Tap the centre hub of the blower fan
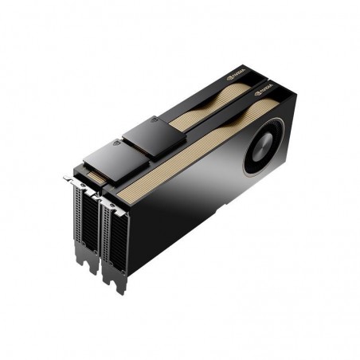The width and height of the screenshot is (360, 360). [x=264, y=149]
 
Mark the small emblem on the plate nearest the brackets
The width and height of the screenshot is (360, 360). [x=119, y=147]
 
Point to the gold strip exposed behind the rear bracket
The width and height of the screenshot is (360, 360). [x=93, y=171]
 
